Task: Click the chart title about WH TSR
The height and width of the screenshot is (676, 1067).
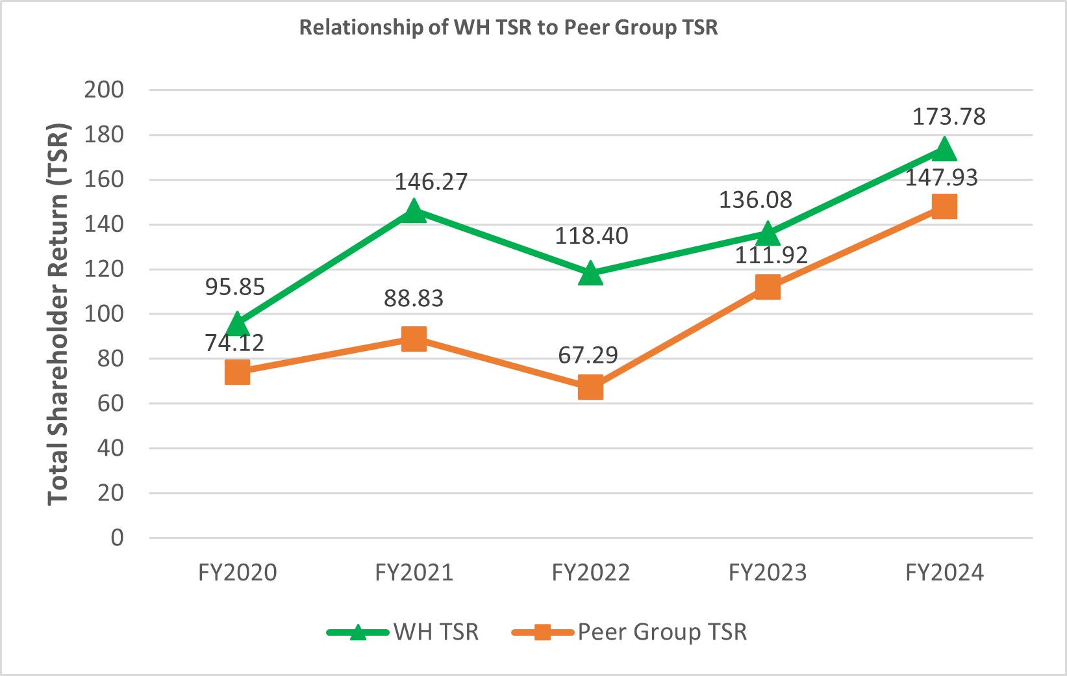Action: pos(508,28)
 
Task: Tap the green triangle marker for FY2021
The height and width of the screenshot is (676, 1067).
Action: pos(414,211)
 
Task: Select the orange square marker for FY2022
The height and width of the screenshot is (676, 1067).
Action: pos(590,387)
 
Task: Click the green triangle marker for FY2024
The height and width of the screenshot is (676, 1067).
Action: pos(944,149)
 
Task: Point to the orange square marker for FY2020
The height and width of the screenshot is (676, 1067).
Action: pos(237,372)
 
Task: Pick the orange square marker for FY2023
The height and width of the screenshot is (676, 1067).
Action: pos(768,287)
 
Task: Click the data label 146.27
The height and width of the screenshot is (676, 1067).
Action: pos(431,182)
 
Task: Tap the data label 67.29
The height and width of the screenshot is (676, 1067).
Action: pos(588,356)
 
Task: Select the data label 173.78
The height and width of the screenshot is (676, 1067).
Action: pos(949,117)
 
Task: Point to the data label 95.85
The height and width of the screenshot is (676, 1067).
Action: pos(235,287)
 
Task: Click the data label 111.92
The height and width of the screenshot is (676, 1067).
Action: pos(772,255)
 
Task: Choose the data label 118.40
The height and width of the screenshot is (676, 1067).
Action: pos(592,236)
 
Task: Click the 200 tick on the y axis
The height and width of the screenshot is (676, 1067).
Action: pos(104,90)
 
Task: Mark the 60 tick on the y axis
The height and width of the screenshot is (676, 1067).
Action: pos(110,404)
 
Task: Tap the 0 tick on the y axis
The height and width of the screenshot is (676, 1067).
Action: pos(117,538)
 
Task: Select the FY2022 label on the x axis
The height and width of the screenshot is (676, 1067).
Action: pos(591,573)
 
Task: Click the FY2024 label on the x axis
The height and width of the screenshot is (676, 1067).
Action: pos(944,573)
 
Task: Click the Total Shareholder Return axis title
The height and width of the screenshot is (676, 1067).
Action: pos(58,313)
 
